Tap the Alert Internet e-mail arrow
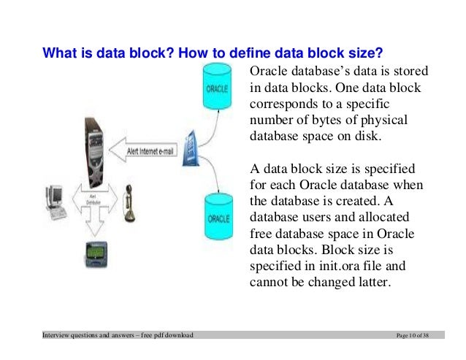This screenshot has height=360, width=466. (x=145, y=151)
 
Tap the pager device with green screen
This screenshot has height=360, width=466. (x=93, y=253)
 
